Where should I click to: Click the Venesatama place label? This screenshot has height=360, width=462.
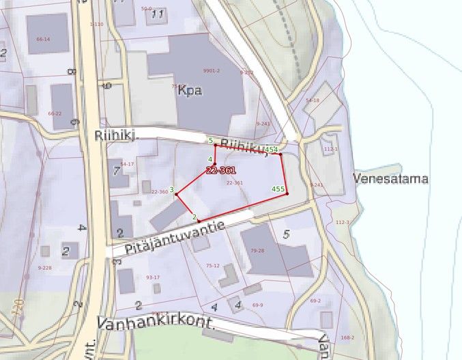(391, 179)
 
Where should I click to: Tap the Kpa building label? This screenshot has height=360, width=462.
(189, 90)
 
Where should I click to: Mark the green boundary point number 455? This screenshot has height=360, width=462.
(278, 189)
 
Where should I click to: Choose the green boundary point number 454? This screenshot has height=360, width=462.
(272, 149)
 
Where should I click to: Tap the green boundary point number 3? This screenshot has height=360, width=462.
(172, 189)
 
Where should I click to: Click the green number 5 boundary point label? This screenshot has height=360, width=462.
(210, 140)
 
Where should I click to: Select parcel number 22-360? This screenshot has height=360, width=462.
(159, 192)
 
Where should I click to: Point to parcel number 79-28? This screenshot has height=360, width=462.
(257, 251)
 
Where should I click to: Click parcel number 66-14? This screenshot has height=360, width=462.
(43, 40)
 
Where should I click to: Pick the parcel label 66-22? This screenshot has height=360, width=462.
(55, 113)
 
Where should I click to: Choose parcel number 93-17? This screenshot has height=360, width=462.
(153, 277)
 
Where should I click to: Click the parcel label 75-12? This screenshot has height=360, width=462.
(213, 266)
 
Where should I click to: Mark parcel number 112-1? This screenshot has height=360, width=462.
(331, 149)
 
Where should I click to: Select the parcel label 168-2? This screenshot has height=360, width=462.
(348, 337)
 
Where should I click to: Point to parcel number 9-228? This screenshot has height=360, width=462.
(44, 267)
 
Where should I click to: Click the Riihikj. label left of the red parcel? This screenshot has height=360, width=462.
(116, 136)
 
